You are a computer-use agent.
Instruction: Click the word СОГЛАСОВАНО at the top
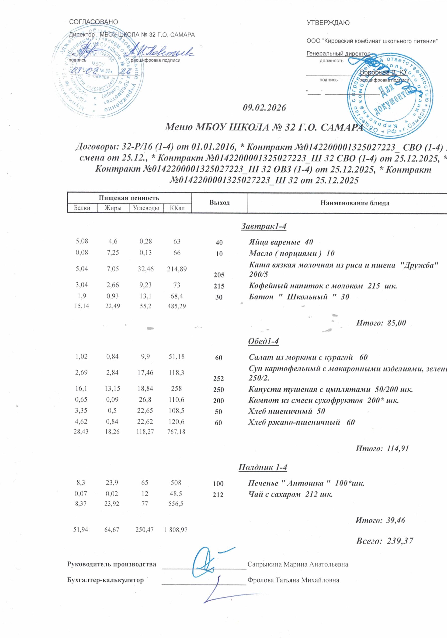click(x=93, y=22)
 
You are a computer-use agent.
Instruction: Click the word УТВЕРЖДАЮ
click(x=328, y=23)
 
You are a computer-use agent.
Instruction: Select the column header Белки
click(x=82, y=208)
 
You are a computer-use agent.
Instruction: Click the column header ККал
click(x=177, y=208)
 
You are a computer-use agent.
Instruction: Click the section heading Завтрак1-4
click(x=263, y=227)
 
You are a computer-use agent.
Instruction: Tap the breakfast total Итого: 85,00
click(x=381, y=323)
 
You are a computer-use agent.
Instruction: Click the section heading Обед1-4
click(x=263, y=341)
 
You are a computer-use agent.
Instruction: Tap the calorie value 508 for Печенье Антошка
click(x=177, y=483)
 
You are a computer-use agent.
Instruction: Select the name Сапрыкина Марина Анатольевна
click(x=298, y=565)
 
